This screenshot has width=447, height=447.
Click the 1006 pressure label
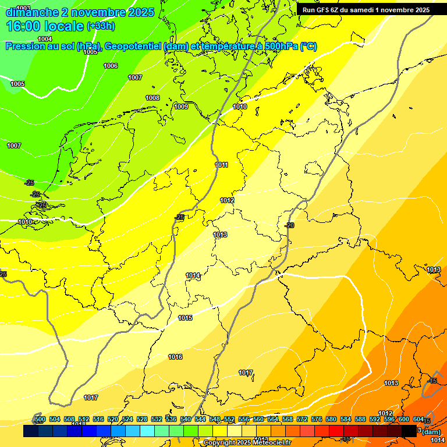[111, 66]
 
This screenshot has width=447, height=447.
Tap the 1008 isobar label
[152, 98]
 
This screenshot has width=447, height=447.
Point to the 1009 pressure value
[181, 107]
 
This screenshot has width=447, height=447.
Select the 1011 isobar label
[221, 165]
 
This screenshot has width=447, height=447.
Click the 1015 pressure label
[185, 318]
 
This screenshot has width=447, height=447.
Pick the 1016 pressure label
[175, 357]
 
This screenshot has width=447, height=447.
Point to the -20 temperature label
[289, 225]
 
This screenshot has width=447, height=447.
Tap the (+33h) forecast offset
[100, 26]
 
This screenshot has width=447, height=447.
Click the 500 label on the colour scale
[40, 419]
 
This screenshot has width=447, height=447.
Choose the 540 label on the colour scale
[186, 419]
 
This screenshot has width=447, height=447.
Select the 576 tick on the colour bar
[317, 419]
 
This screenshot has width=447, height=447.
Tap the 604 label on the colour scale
[418, 419]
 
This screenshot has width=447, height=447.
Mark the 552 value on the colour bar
[229, 419]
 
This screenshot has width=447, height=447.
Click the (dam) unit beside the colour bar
[431, 431]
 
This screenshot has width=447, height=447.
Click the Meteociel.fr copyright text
[247, 443]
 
